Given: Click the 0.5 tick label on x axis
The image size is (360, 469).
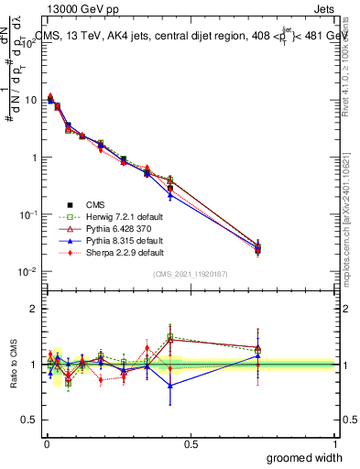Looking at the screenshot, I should (x=190, y=443).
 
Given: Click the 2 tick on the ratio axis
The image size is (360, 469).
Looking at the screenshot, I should (x=37, y=309).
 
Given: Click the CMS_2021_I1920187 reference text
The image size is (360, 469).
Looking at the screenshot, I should (x=190, y=275).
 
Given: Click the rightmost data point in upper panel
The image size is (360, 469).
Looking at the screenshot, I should (x=258, y=248).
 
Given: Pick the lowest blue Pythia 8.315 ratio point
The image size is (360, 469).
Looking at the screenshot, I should (x=170, y=386).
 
